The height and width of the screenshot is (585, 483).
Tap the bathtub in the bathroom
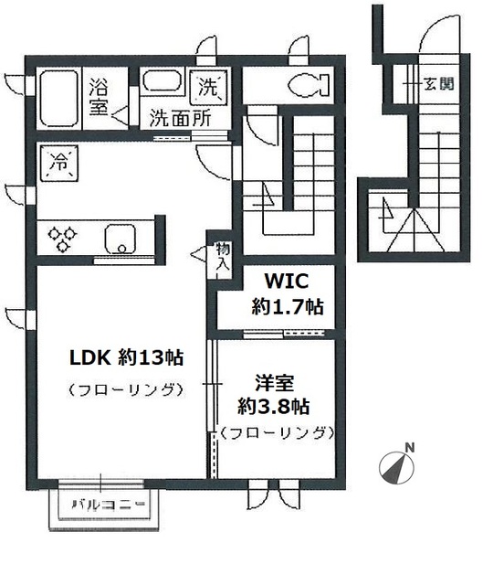pyautogui.click(x=59, y=96)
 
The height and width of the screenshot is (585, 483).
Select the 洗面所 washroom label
pyautogui.click(x=180, y=118)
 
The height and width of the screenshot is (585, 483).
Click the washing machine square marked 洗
pyautogui.click(x=209, y=89)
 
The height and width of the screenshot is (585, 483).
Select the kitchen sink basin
pyautogui.click(x=121, y=239)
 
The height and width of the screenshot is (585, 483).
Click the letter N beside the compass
pyautogui.click(x=410, y=448)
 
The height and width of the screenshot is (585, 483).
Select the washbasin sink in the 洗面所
pyautogui.click(x=164, y=83)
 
